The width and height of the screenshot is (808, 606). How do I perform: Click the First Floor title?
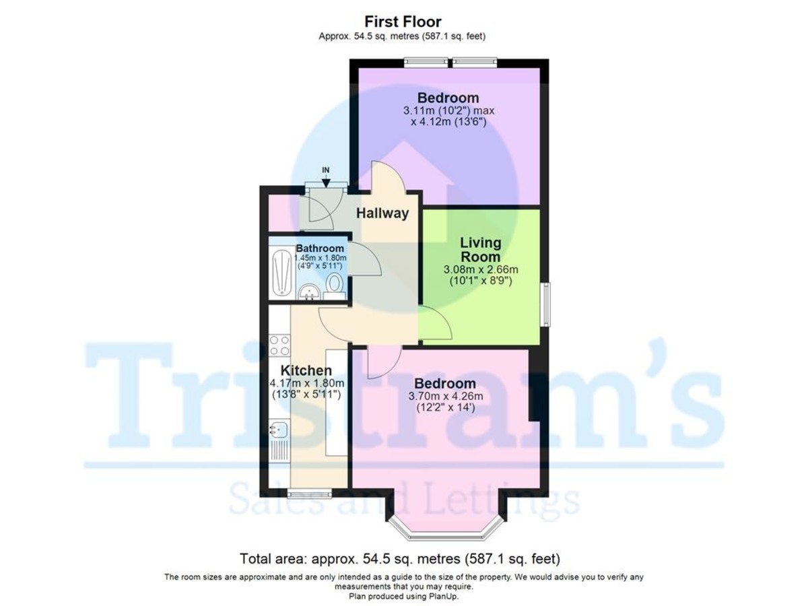pyautogui.click(x=403, y=22)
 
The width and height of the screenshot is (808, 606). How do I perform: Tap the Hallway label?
pyautogui.click(x=382, y=213)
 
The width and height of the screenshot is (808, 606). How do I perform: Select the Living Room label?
pyautogui.click(x=480, y=249)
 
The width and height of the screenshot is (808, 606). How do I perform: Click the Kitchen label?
pyautogui.click(x=306, y=370)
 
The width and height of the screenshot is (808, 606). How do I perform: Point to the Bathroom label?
pyautogui.click(x=320, y=248)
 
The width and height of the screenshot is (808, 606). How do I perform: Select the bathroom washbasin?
pyautogui.click(x=309, y=292)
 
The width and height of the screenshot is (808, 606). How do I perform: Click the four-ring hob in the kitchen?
pyautogui.click(x=279, y=345)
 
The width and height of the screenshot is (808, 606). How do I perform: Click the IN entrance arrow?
pyautogui.click(x=327, y=178)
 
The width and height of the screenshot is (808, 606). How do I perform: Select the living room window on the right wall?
pyautogui.click(x=546, y=304)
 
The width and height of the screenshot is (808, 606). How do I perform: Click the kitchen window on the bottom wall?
pyautogui.click(x=310, y=493)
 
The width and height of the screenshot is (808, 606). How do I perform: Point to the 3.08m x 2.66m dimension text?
pyautogui.click(x=480, y=269)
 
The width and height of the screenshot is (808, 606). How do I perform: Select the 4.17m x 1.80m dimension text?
pyautogui.click(x=307, y=383)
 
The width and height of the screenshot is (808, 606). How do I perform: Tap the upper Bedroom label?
pyautogui.click(x=448, y=98)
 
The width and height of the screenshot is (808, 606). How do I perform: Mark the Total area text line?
pyautogui.click(x=400, y=559)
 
